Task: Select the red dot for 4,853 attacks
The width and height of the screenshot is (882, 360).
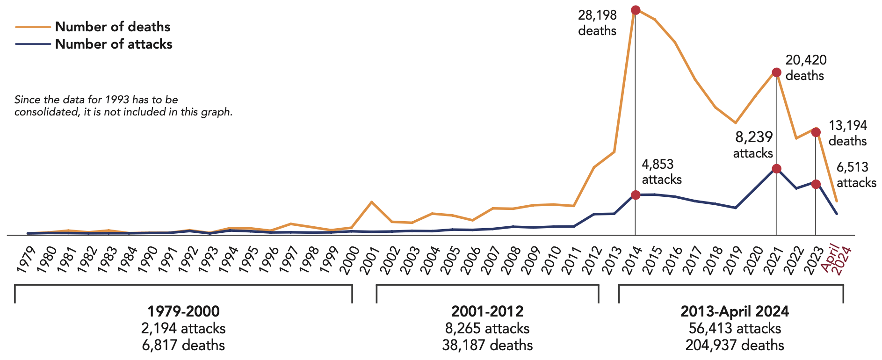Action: click(x=635, y=195)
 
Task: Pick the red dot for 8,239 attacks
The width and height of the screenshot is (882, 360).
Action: click(x=776, y=169)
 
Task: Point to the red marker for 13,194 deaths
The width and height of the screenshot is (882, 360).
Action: click(x=816, y=132)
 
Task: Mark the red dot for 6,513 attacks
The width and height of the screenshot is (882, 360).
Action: click(x=816, y=184)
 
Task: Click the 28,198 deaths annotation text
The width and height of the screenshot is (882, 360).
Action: click(x=597, y=23)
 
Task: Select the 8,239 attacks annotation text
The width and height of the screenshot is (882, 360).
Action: click(x=753, y=145)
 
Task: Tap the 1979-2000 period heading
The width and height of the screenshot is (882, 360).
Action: click(x=183, y=311)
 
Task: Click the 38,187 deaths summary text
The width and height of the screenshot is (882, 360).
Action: click(x=487, y=346)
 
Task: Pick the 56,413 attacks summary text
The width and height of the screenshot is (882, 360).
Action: click(x=735, y=328)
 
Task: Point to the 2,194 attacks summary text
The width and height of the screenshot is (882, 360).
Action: click(x=183, y=328)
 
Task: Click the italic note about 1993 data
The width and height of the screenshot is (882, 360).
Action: click(x=123, y=106)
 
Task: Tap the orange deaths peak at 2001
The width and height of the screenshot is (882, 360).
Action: click(x=371, y=202)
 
